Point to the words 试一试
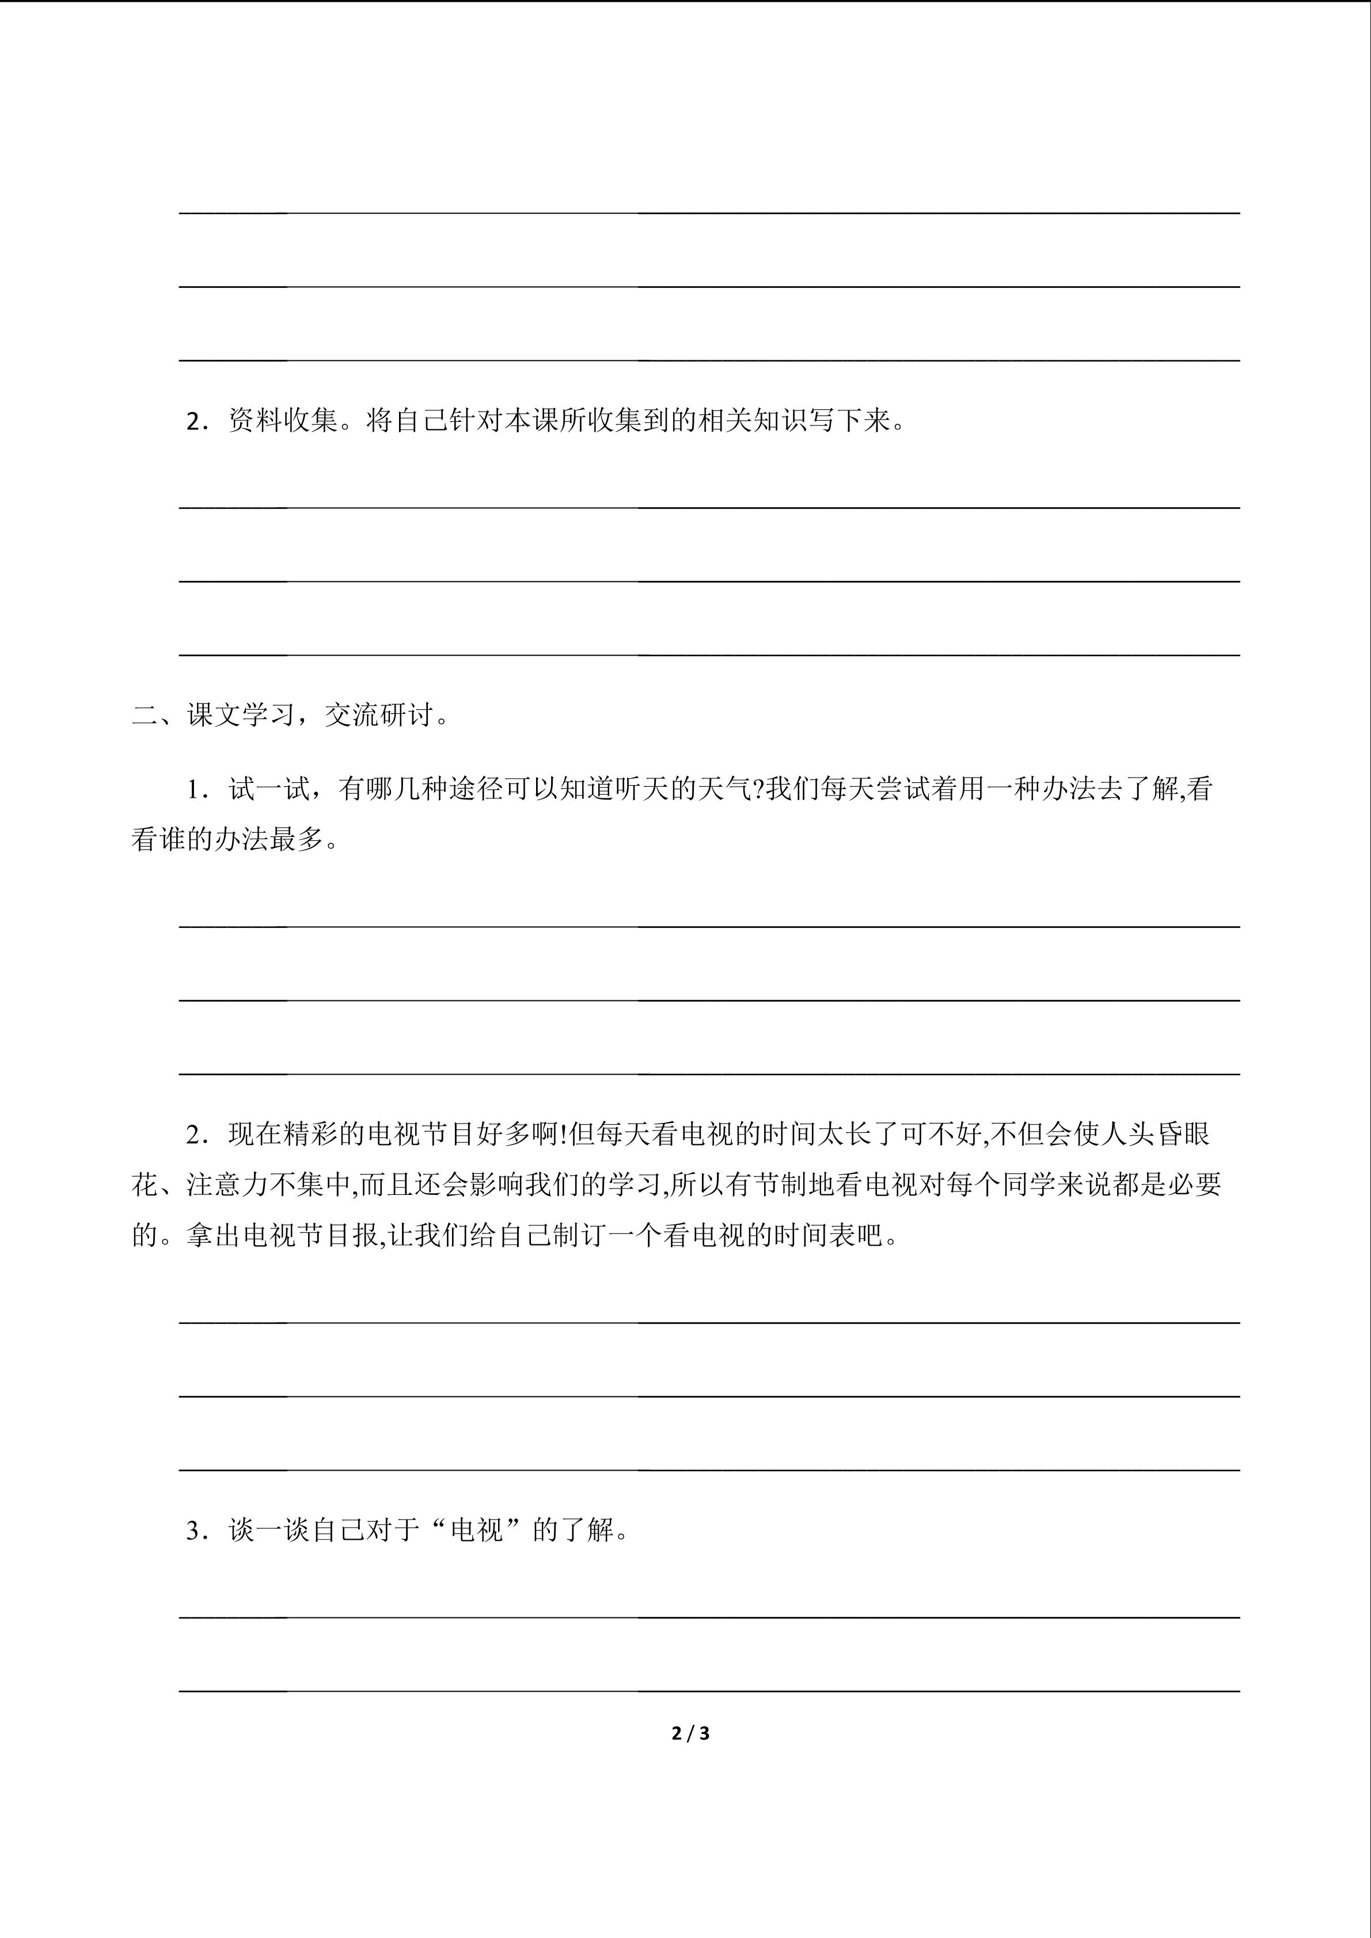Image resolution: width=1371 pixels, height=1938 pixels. [269, 789]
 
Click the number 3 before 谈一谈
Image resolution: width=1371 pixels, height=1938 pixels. [192, 1530]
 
